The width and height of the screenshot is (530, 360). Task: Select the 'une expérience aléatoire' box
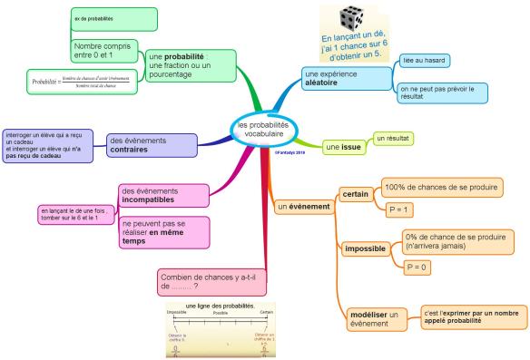point(336,78)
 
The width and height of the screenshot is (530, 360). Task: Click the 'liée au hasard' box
point(425,61)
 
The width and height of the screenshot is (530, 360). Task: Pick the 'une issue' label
point(343,145)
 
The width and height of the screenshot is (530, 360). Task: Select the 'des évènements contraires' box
point(150,145)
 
